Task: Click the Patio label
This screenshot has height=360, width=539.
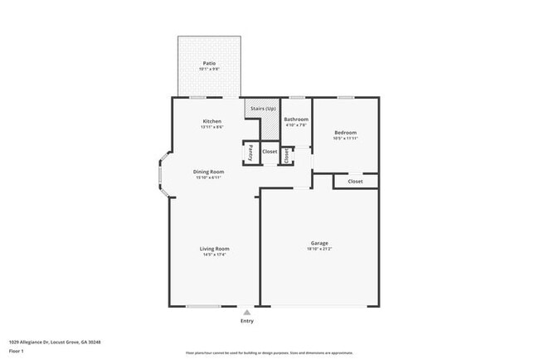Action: coord(210,63)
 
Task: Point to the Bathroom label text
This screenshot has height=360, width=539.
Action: coord(296,119)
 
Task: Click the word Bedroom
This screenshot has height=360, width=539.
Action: coord(345,133)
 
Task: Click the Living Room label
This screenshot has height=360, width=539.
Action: coord(214,249)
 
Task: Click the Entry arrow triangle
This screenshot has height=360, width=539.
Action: coord(247,313)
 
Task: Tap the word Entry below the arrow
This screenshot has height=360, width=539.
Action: coord(247,321)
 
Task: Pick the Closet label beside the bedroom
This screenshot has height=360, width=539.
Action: coord(355,181)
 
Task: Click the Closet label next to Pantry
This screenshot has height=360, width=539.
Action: coord(269,152)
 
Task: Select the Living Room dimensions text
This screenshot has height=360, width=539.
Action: coord(214,255)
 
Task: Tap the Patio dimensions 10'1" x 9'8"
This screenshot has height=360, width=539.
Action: coord(210,69)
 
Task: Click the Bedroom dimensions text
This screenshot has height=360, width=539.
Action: coord(345,139)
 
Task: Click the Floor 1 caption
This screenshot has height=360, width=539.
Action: coord(17,350)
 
